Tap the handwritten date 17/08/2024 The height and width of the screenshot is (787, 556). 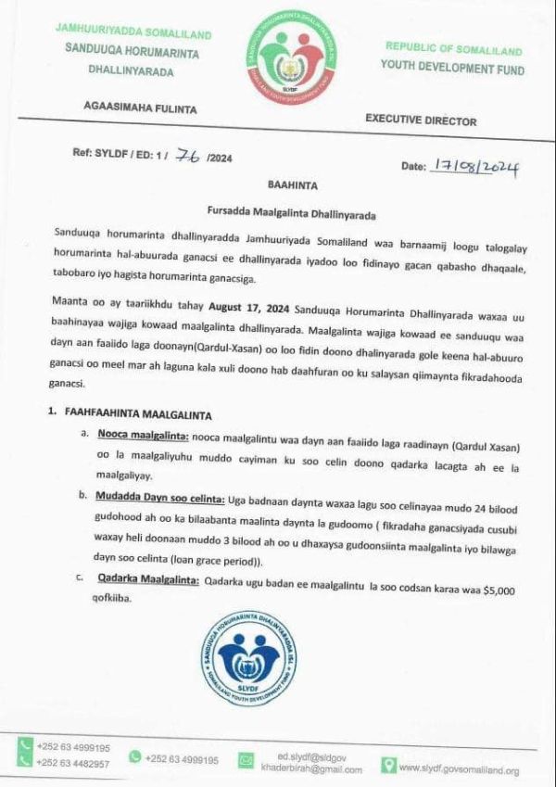(475, 167)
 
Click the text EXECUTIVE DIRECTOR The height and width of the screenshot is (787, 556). (421, 121)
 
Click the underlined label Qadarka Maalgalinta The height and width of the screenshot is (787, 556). (148, 579)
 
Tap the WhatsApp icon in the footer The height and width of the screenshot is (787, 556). (135, 757)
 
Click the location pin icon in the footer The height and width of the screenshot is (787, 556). (388, 766)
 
